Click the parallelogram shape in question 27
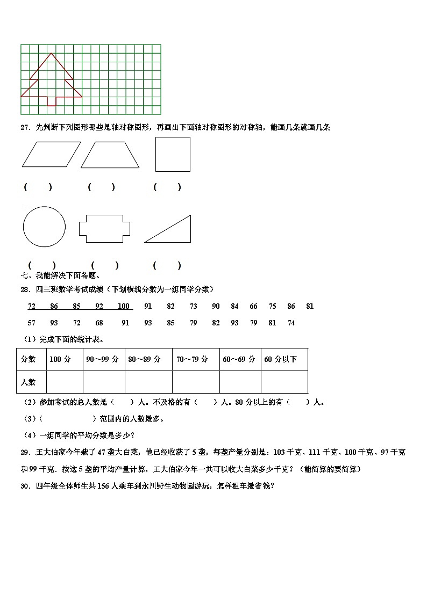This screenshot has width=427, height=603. coord(51,154)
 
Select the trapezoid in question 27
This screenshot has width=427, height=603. coord(110,155)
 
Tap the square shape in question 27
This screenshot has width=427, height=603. coord(173,154)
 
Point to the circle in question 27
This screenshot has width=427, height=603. coord(44,226)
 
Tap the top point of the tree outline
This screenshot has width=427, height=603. coord(52,53)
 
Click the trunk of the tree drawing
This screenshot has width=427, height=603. coord(52,101)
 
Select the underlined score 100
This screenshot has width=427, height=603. coord(124,307)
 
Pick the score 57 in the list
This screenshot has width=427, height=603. coord(32,323)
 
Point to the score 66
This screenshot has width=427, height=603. coord(253,307)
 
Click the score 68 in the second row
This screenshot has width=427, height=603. coord(99,323)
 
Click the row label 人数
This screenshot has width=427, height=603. coord(28,382)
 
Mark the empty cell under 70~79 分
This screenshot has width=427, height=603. coord(195,382)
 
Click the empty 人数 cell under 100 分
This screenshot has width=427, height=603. coord(65,382)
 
